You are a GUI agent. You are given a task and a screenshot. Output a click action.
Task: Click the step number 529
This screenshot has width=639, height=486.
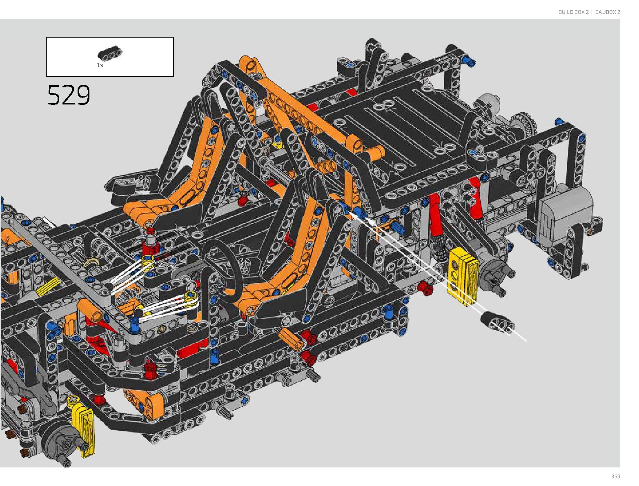click(69, 95)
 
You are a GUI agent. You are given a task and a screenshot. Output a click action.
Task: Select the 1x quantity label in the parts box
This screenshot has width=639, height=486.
click(100, 65)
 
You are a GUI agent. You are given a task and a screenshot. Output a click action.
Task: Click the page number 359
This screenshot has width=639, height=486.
click(615, 476)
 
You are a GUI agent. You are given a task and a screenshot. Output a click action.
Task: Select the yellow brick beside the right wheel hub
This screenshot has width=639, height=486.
click(463, 276)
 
